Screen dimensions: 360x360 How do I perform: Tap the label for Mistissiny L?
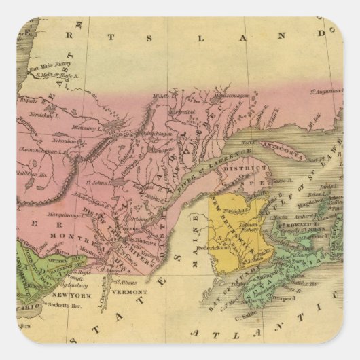[86, 126]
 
